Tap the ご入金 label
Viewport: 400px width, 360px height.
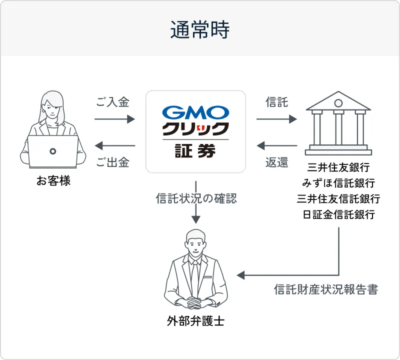pyautogui.click(x=113, y=102)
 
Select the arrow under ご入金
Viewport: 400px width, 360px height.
pyautogui.click(x=114, y=119)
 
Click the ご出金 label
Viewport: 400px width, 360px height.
pyautogui.click(x=113, y=163)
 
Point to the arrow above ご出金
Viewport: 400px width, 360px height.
pyautogui.click(x=114, y=146)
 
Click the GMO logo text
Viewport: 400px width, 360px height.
pyautogui.click(x=196, y=111)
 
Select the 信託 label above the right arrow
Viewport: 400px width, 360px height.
pyautogui.click(x=276, y=102)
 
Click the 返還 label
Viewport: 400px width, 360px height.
pyautogui.click(x=276, y=163)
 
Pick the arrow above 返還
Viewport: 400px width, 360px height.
pyautogui.click(x=276, y=146)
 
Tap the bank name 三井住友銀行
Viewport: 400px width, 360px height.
pyautogui.click(x=338, y=167)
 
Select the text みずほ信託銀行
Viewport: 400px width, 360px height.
pyautogui.click(x=338, y=183)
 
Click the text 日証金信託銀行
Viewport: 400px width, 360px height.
pyautogui.click(x=338, y=215)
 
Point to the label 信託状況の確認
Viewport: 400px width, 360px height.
pyautogui.click(x=196, y=198)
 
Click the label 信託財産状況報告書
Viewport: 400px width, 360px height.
pyautogui.click(x=326, y=289)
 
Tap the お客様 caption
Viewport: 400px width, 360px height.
pyautogui.click(x=53, y=180)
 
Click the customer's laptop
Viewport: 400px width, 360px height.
pyautogui.click(x=52, y=151)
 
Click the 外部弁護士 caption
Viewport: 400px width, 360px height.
pyautogui.click(x=195, y=321)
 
